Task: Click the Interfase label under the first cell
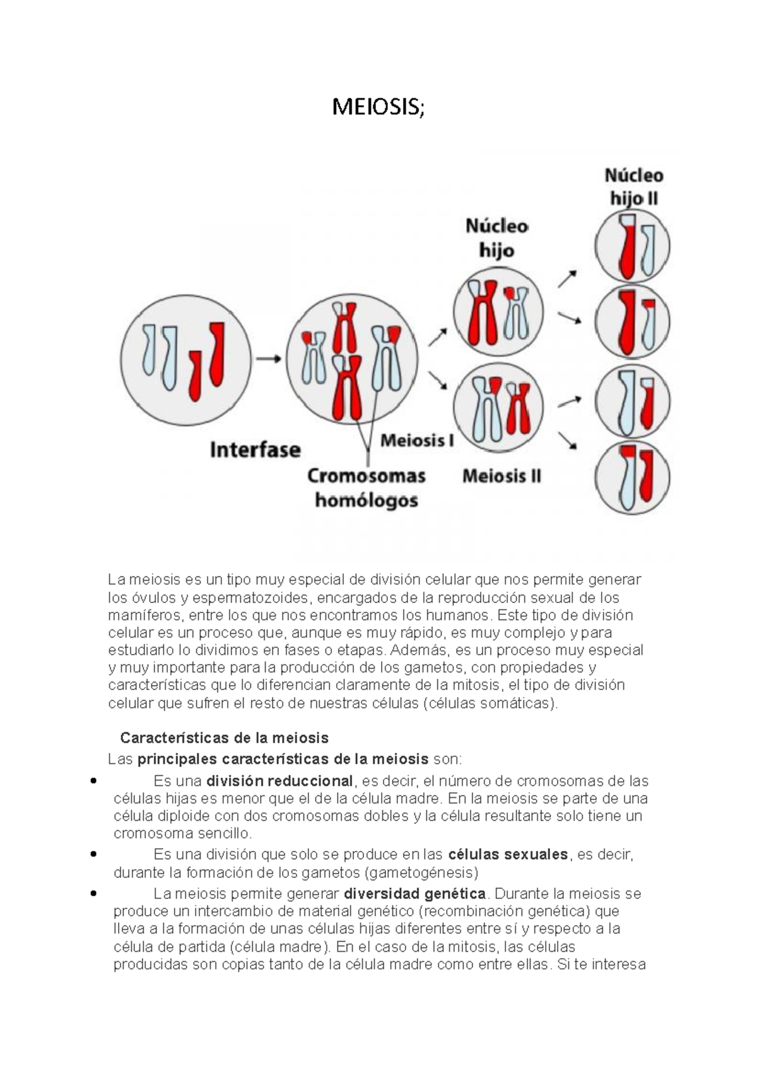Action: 255,450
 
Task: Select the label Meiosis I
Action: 417,440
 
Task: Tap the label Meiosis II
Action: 502,476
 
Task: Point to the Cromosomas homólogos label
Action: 366,488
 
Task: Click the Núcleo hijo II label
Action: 633,187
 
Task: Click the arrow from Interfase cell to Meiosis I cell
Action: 269,359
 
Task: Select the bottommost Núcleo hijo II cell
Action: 632,477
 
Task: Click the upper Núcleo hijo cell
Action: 498,313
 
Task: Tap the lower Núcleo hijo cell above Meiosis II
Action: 498,409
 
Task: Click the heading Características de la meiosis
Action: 224,737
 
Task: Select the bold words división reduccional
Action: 279,781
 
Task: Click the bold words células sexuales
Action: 508,855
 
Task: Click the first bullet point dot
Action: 93,781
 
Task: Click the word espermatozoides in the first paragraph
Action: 250,597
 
